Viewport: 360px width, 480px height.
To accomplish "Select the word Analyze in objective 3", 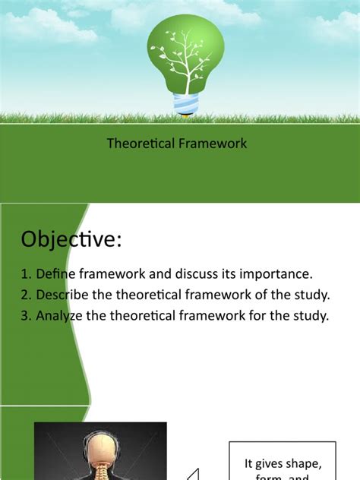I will pos(60,317).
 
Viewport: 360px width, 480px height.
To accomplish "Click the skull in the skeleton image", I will pos(100,448).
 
